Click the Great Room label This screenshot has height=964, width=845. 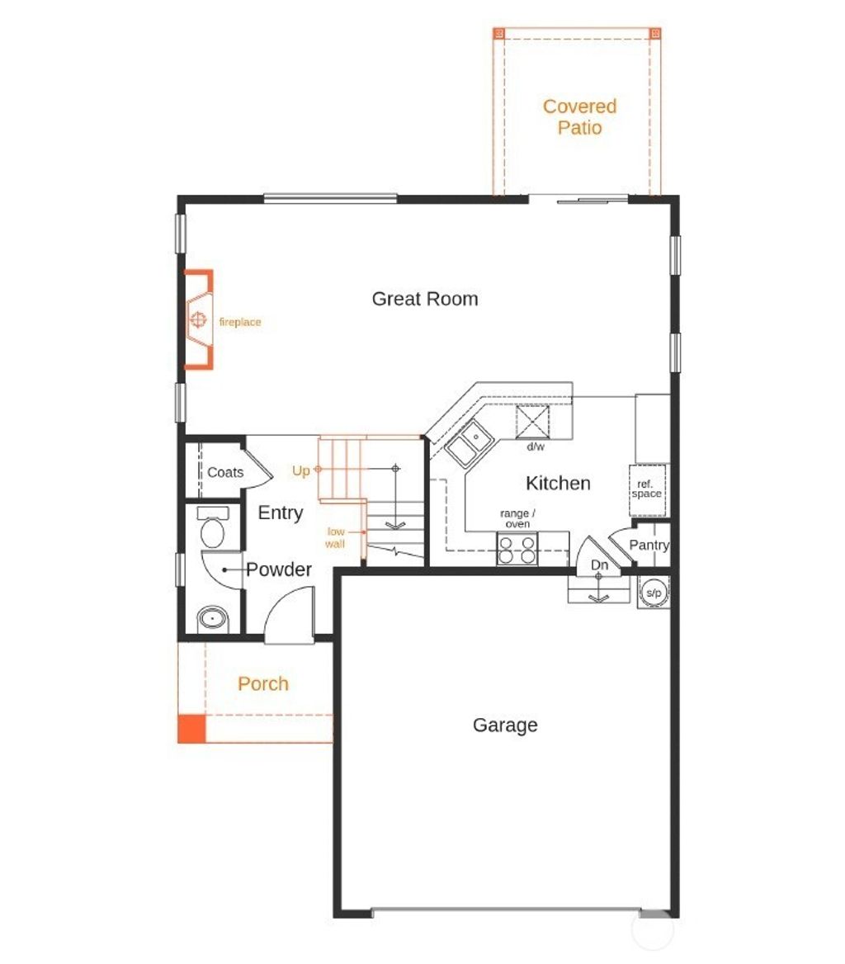coord(424,299)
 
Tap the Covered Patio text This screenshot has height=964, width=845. coord(579,117)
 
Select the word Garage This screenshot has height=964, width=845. coord(505,725)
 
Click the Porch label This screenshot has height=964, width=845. coord(263,684)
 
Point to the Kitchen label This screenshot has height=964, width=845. coord(559,484)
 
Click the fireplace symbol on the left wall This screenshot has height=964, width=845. coord(198,319)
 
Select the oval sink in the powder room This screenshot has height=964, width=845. coord(214,617)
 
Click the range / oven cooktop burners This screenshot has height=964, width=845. coord(517,549)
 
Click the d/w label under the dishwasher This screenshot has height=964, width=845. coord(536,447)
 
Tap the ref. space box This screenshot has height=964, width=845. coord(647,489)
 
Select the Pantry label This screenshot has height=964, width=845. coord(649,546)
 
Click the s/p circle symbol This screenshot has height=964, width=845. coord(654,592)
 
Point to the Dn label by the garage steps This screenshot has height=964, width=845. coord(600,565)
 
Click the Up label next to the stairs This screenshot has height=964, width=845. coord(301,471)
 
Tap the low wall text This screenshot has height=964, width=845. coord(336,537)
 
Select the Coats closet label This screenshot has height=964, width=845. coord(225,472)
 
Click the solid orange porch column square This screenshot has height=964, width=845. coord(191,729)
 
